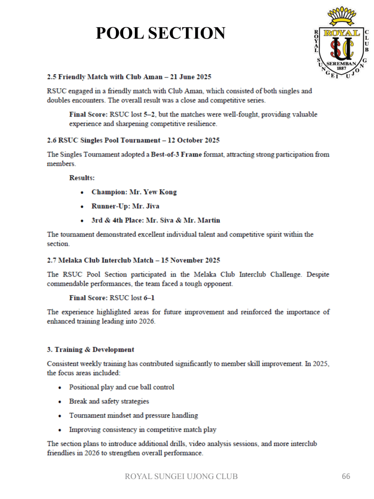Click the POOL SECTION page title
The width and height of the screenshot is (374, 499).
pos(160,33)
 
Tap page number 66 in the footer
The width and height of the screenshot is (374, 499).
pos(346,476)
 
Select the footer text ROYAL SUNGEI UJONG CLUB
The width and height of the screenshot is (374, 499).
pos(182,476)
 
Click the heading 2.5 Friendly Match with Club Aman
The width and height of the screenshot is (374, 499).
pos(129,77)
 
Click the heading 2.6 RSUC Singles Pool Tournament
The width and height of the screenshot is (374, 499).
pos(133,140)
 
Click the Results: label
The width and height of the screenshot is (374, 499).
pos(82,178)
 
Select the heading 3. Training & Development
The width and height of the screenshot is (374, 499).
pos(91,349)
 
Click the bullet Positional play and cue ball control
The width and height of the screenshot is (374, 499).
pos(122,387)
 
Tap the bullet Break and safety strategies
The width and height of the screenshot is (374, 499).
pos(109,402)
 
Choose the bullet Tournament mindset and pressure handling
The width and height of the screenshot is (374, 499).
pos(133,416)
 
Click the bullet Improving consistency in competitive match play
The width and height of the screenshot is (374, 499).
pos(143,430)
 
